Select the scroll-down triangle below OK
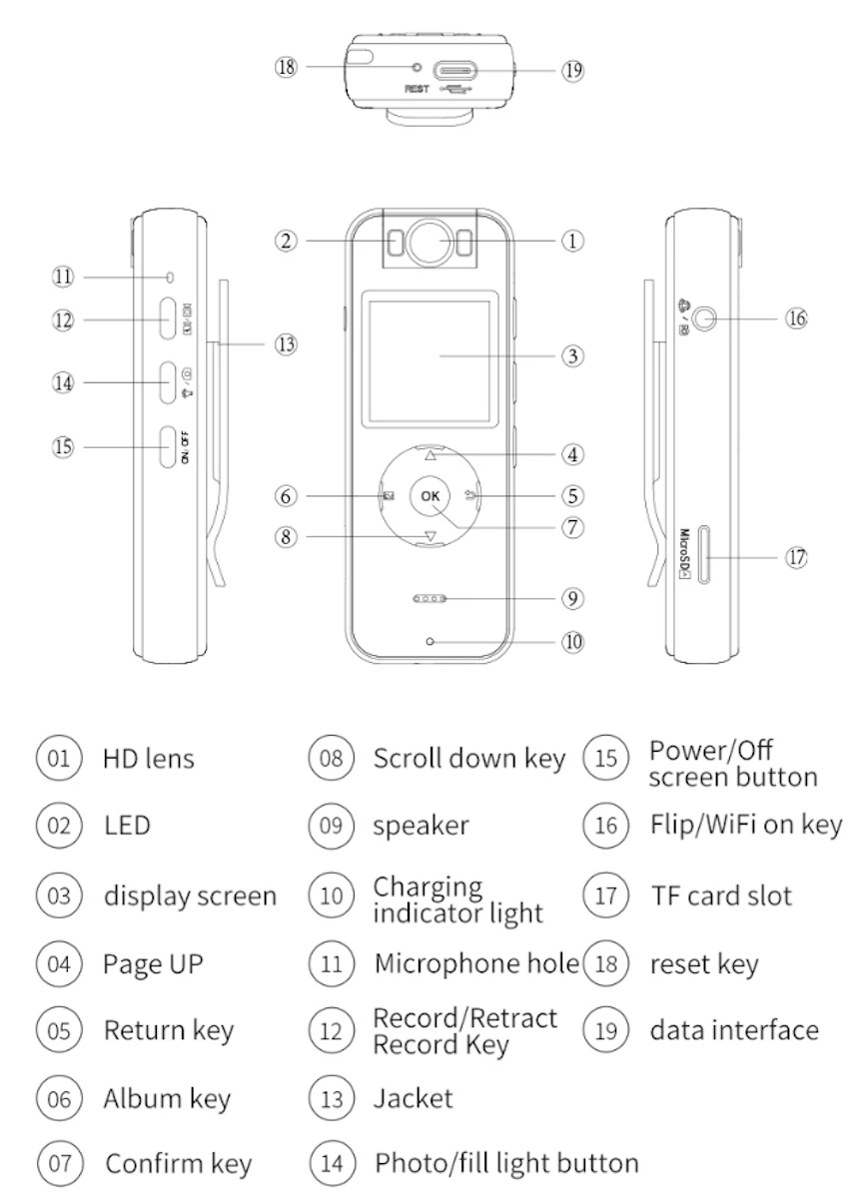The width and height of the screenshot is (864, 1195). tap(431, 537)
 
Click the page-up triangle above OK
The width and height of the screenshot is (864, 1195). tap(431, 455)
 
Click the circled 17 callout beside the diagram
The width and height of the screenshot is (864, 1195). tap(796, 557)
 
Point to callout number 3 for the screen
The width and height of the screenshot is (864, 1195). tap(571, 355)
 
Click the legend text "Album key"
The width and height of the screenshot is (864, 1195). tap(167, 1099)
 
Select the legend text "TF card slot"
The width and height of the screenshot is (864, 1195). tap(720, 895)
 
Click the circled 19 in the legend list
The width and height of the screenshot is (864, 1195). tap(606, 1030)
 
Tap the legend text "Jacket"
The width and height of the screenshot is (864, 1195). tap(413, 1099)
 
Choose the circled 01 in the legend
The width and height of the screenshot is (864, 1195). tap(60, 758)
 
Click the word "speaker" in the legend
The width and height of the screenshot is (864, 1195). tap(421, 827)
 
